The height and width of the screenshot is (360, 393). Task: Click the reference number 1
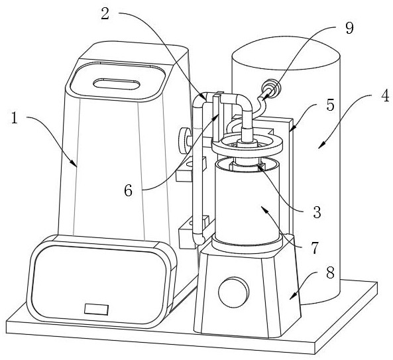point(15,118)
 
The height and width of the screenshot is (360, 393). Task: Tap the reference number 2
point(105,13)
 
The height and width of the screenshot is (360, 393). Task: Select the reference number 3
point(317,212)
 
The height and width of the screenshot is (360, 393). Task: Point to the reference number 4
point(385,95)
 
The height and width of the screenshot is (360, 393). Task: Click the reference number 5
point(330,105)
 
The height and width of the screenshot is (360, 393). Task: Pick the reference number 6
point(128,191)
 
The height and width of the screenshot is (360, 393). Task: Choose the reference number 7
point(314,248)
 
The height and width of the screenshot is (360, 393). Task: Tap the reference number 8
point(330,272)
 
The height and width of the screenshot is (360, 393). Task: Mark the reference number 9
point(349,28)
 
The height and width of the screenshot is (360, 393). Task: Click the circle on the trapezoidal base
point(234,292)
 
